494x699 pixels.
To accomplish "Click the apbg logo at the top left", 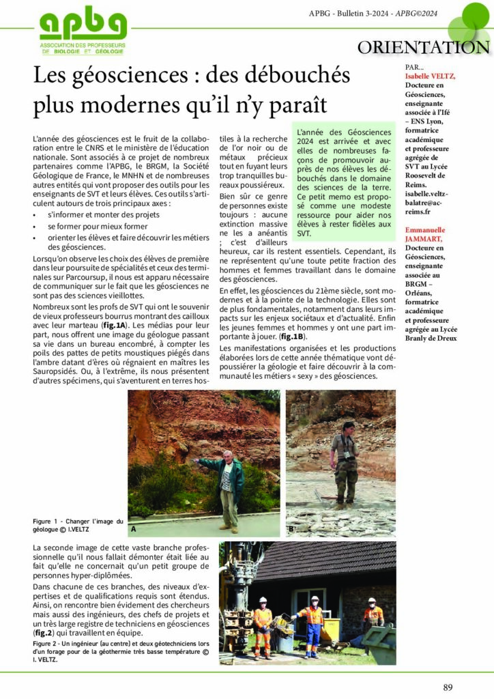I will pyautogui.click(x=83, y=31).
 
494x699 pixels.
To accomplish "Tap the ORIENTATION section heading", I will pyautogui.click(x=424, y=47).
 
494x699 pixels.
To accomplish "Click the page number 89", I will pyautogui.click(x=448, y=687).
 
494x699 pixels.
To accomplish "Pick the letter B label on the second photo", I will pyautogui.click(x=291, y=529).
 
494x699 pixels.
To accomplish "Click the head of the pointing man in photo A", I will pyautogui.click(x=229, y=457).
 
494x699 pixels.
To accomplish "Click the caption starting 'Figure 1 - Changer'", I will pyautogui.click(x=78, y=525).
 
